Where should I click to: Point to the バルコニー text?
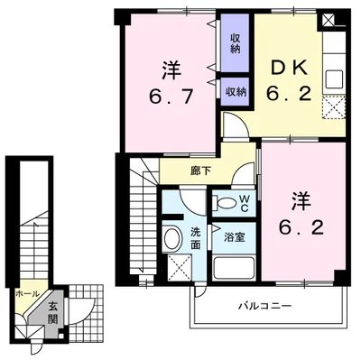point(264,307)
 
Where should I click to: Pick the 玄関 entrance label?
point(54,311)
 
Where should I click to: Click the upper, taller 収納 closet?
point(235,42)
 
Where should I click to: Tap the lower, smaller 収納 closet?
point(236,91)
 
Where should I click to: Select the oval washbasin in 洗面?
point(172,238)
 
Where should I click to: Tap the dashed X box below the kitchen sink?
point(335,108)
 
